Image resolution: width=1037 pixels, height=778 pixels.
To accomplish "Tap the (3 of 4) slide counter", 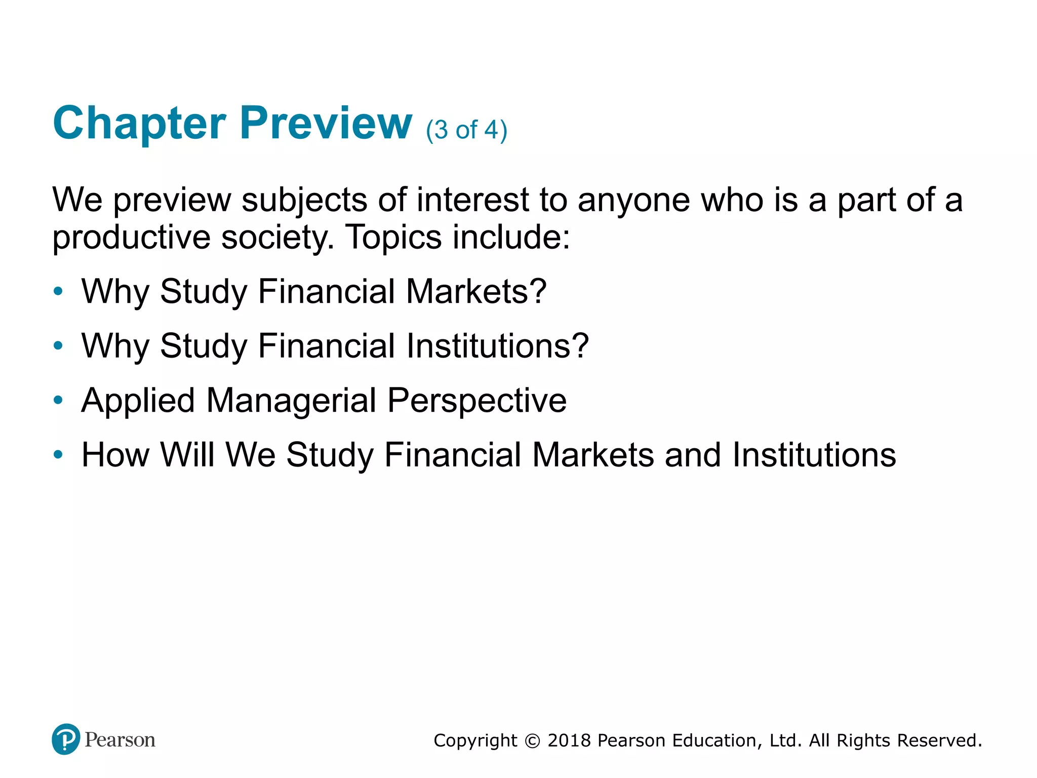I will tap(466, 130).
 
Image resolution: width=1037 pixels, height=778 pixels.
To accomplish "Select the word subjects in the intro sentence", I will tap(304, 200).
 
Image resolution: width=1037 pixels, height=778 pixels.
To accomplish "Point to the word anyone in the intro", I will tap(633, 200).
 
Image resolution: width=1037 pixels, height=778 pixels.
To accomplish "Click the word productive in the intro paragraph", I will tap(131, 238).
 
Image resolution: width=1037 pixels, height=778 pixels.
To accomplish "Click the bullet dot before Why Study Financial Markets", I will tap(58, 291).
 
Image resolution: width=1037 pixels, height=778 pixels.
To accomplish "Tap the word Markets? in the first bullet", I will tap(476, 291).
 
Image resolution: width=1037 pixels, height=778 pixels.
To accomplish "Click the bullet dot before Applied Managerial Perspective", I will tap(58, 400).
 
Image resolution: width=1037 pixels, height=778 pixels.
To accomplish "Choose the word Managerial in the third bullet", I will tap(291, 400).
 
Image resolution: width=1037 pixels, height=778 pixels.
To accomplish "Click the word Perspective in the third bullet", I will tap(476, 400).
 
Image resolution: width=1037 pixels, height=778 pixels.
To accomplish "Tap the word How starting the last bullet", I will tap(115, 454).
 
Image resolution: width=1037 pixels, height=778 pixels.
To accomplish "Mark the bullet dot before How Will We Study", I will tap(58, 454).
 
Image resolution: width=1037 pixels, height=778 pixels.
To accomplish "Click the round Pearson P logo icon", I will tap(66, 739).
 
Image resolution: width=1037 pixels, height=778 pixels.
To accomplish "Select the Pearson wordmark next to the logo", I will tap(120, 740).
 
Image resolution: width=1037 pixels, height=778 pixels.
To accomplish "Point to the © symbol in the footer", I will tap(532, 741).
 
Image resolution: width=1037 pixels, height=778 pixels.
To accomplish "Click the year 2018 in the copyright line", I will tap(569, 741).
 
